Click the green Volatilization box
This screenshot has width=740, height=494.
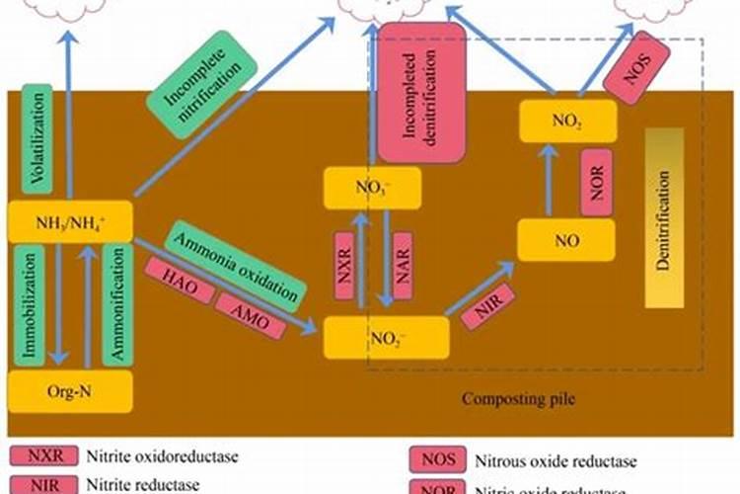[x=37, y=137]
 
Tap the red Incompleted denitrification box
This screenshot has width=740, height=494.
[x=422, y=93]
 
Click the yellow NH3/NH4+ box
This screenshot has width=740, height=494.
[x=70, y=222]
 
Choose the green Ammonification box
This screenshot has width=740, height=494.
[x=117, y=305]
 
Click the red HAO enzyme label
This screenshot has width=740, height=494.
[x=179, y=279]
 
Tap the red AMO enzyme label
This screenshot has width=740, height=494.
[x=250, y=310]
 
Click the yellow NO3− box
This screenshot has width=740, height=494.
[x=372, y=187]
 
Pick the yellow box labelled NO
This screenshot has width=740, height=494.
[x=565, y=239]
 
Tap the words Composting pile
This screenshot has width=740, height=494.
[x=517, y=399]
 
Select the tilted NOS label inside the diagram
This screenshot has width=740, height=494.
[x=636, y=67]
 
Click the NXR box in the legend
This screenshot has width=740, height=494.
[x=34, y=457]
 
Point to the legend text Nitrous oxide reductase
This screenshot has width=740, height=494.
[x=556, y=460]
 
